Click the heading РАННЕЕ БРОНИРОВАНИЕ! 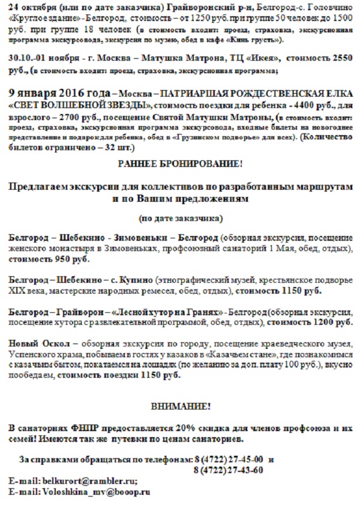pyautogui.click(x=180, y=163)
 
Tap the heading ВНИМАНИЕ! pyautogui.click(x=180, y=407)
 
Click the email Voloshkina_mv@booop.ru pyautogui.click(x=95, y=492)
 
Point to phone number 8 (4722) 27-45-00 pyautogui.click(x=229, y=459)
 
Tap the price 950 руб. pyautogui.click(x=74, y=259)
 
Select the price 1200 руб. pyautogui.click(x=335, y=322)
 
